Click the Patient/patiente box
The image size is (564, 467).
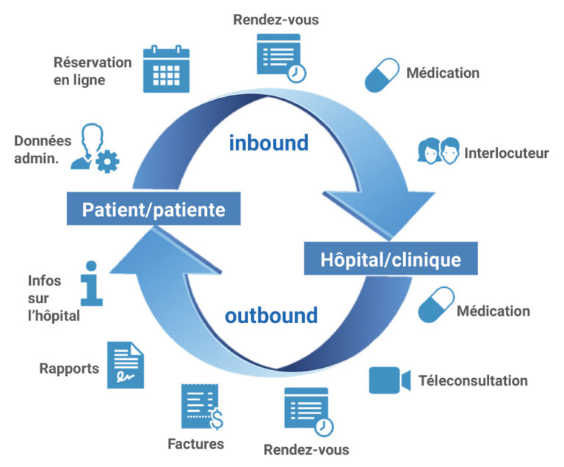[153, 210]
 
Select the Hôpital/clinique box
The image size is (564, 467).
[391, 259]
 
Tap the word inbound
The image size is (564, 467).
[268, 142]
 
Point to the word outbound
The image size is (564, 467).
[271, 316]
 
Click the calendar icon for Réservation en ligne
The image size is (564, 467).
[166, 69]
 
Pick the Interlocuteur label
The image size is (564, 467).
[506, 153]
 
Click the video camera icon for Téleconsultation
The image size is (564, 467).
[388, 380]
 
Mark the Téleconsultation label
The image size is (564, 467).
[473, 380]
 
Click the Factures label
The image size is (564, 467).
[195, 444]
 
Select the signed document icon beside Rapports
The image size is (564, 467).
[126, 365]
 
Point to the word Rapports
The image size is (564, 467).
[69, 369]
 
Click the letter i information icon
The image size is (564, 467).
[90, 283]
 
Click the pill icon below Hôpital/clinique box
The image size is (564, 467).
[436, 305]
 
